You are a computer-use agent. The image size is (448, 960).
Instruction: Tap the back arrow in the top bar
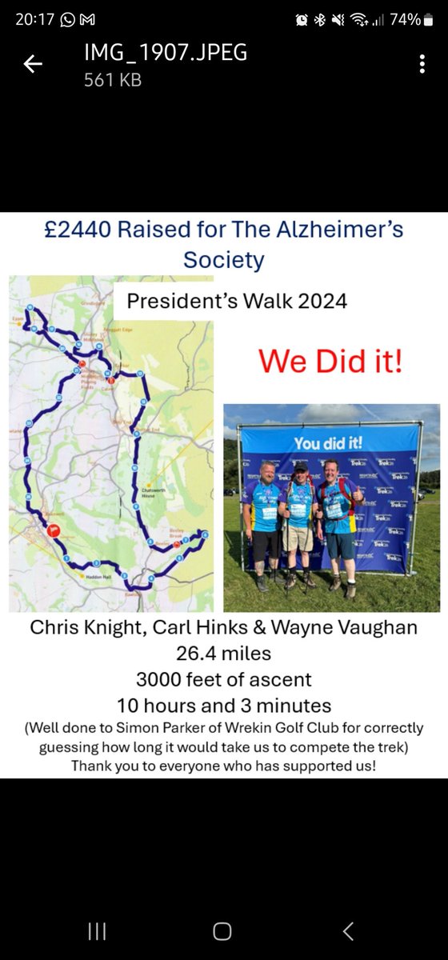click(x=33, y=65)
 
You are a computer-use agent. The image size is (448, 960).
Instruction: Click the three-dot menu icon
click(x=422, y=65)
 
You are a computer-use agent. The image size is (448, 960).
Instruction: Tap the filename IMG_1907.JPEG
click(x=166, y=54)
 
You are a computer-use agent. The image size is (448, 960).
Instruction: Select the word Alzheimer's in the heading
click(x=340, y=231)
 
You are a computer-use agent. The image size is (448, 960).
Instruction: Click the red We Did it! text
click(x=330, y=361)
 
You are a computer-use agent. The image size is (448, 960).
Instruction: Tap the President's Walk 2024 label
click(x=238, y=302)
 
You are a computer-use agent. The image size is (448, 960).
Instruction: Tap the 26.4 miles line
click(x=223, y=653)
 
